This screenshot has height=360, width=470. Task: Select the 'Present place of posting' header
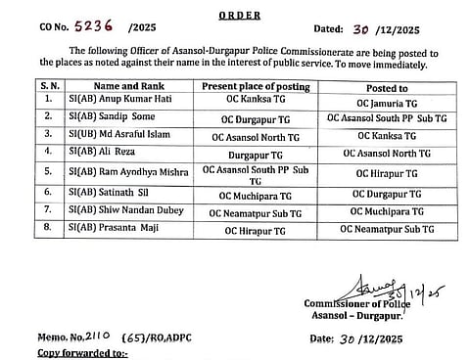(255, 86)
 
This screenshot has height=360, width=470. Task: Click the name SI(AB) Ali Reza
(103, 153)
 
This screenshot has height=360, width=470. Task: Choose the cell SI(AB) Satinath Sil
(108, 194)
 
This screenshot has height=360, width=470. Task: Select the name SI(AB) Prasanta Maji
(110, 228)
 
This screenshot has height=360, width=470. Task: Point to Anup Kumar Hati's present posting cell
(255, 102)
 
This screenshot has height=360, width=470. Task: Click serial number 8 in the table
(50, 228)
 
